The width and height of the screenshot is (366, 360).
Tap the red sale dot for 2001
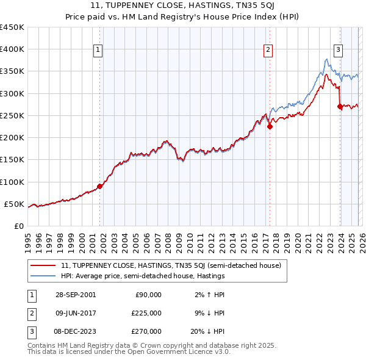[100, 186]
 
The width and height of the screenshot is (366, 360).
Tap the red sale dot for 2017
[270, 127]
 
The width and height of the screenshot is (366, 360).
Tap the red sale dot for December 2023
[340, 107]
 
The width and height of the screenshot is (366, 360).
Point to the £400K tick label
[12, 49]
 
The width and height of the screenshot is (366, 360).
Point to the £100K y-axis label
[12, 182]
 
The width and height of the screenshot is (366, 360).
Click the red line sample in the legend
[43, 265]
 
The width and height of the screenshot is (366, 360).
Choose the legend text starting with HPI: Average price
[143, 276]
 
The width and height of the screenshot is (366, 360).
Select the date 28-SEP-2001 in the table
[75, 295]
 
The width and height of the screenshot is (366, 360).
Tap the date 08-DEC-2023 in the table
[75, 331]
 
